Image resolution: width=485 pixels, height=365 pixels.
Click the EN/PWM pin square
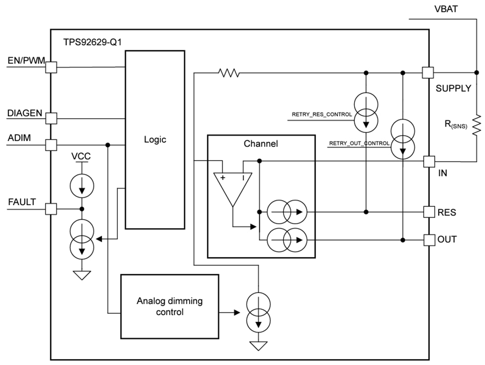pyautogui.click(x=52, y=67)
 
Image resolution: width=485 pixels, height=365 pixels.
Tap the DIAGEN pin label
pyautogui.click(x=25, y=113)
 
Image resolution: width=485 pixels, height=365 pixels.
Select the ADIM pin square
pyautogui.click(x=52, y=144)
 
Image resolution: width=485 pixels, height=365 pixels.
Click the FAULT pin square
pyautogui.click(x=52, y=209)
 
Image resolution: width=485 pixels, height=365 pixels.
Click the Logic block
pyautogui.click(x=155, y=139)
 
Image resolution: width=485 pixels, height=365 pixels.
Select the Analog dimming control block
pyautogui.click(x=169, y=306)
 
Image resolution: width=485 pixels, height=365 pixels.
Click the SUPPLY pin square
pyautogui.click(x=428, y=72)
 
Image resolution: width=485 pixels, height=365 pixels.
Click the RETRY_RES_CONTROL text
pyautogui.click(x=322, y=114)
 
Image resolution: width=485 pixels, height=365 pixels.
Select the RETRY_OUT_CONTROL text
pyautogui.click(x=359, y=143)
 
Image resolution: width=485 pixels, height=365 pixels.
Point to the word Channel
pyautogui.click(x=261, y=144)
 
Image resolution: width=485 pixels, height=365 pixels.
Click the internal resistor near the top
pyautogui.click(x=229, y=73)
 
